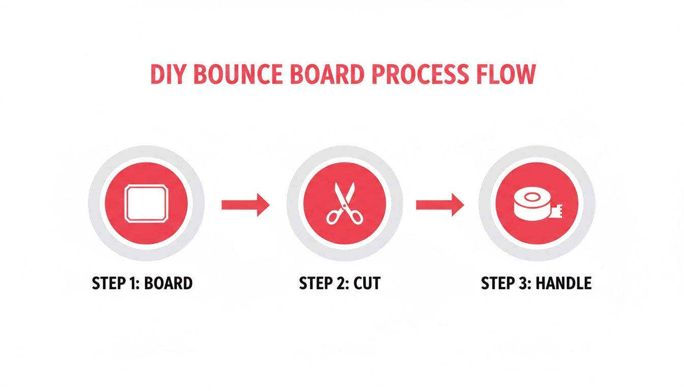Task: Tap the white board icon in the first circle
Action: click(146, 204)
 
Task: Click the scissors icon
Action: click(345, 204)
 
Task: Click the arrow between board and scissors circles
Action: click(245, 205)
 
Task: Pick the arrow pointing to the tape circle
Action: click(440, 205)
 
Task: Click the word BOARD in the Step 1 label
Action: click(168, 283)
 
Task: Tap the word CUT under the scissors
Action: click(367, 283)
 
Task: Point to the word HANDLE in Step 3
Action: click(565, 283)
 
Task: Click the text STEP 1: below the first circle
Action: click(116, 283)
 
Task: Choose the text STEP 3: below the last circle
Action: click(506, 283)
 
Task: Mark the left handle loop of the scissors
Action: click(334, 218)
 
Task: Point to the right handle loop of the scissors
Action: click(356, 218)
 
